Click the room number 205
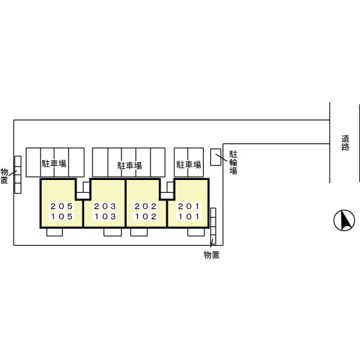click(x=62, y=206)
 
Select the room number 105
click(x=62, y=216)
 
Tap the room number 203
click(x=105, y=206)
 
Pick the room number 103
click(x=105, y=216)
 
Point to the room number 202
click(x=145, y=206)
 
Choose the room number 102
click(x=146, y=216)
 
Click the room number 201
click(x=188, y=206)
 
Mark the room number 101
click(x=189, y=216)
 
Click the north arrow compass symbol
click(x=344, y=221)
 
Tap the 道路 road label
click(x=345, y=143)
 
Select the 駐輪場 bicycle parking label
click(x=233, y=163)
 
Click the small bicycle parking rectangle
click(x=216, y=157)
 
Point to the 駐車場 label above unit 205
click(x=54, y=163)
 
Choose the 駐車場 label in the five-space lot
click(x=130, y=166)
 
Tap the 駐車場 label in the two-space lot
click(x=189, y=165)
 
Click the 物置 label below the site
click(x=212, y=255)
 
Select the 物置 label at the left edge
click(x=4, y=176)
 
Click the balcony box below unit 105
click(x=55, y=232)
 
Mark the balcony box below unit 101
click(x=196, y=232)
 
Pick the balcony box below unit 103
click(x=113, y=232)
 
